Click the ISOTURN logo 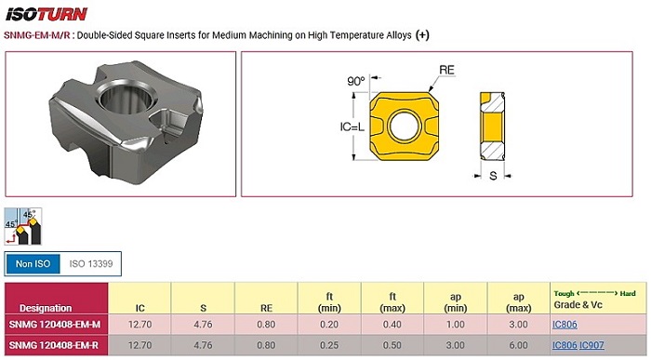coord(46,14)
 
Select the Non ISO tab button coord(33,263)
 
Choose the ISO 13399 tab coord(91,263)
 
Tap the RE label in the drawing coord(446,70)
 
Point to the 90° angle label coord(355,81)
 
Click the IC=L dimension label coord(352,127)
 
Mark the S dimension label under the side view coord(493,176)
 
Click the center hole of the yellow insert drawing coord(403,126)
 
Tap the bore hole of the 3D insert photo coord(126,99)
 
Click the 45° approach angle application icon coord(23,227)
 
